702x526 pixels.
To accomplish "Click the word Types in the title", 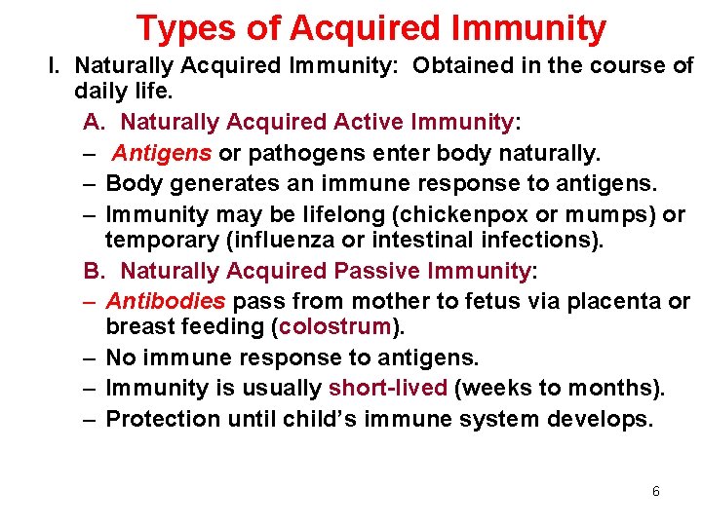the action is coord(186,28).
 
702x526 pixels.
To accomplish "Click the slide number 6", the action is coord(656,491).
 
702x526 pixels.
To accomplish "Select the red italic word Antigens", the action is coord(162,153).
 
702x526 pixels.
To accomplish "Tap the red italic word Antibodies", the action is coord(166,301).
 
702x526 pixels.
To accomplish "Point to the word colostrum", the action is coord(334,326).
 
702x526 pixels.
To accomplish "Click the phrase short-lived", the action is coord(388,387).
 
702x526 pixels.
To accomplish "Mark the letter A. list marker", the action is coord(95,122).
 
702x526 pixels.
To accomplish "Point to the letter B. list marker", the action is coord(95,271).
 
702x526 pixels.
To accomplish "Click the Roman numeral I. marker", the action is coord(54,65).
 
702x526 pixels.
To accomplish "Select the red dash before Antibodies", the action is coord(89,302).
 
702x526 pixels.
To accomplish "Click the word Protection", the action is coord(163,419).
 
